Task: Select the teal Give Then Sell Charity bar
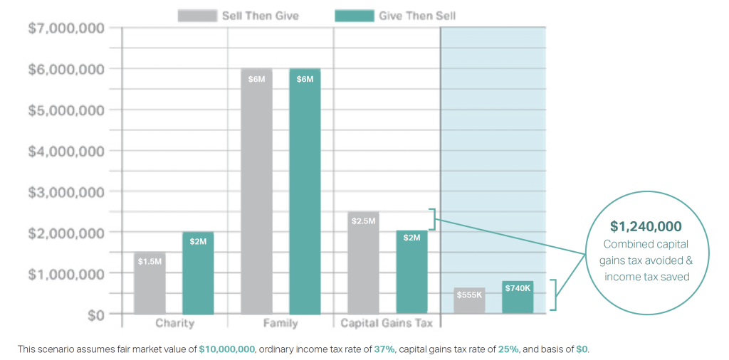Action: point(198,273)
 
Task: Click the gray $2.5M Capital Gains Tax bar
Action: point(363,263)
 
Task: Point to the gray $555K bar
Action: point(469,300)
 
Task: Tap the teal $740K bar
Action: point(518,297)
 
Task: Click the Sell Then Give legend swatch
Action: point(197,16)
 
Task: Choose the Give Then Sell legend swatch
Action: point(355,16)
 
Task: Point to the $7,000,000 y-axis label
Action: point(65,28)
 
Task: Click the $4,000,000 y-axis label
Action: point(65,151)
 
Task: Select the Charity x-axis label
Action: point(174,324)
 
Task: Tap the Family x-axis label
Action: point(280,324)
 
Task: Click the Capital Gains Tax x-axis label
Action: point(387,324)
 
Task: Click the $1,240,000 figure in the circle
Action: point(646,226)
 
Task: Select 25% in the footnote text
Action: point(508,349)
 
